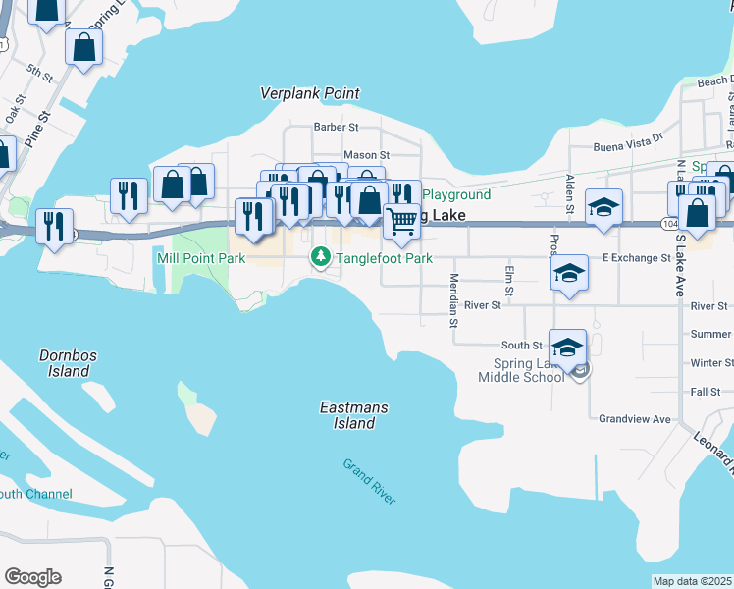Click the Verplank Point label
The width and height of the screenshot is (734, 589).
(309, 93)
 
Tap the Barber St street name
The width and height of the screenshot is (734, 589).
(336, 127)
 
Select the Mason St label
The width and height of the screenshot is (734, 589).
(366, 155)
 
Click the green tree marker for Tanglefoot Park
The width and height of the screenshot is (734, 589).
(320, 257)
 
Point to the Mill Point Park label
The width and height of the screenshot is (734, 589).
(201, 258)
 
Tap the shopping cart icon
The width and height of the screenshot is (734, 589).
(400, 222)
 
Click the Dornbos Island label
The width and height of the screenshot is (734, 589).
(65, 363)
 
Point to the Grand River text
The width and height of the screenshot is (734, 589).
(370, 481)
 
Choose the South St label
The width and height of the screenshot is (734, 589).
(521, 346)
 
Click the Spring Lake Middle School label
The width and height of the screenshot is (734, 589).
(515, 370)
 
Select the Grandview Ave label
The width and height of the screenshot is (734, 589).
(635, 419)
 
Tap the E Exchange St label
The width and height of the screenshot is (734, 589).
(636, 258)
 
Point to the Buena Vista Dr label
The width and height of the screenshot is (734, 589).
(629, 146)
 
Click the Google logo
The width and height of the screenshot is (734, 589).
(32, 577)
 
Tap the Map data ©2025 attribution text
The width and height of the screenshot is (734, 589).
(693, 581)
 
